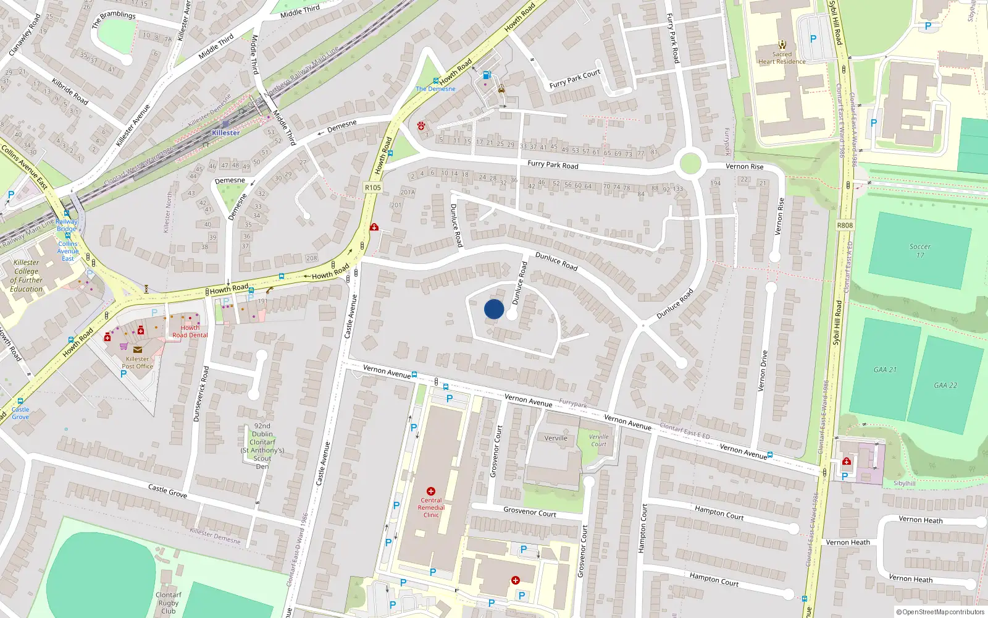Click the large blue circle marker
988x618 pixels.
coord(494,309)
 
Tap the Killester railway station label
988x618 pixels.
coord(225,133)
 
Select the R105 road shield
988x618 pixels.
coord(373,187)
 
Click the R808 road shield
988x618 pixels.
coord(845,226)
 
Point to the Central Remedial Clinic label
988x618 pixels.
coord(431,507)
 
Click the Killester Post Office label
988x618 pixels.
coord(137,362)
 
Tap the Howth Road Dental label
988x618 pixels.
coord(190,332)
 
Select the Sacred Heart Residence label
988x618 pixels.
coord(782,57)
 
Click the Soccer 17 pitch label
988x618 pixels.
coord(919,250)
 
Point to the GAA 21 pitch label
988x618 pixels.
coord(884,370)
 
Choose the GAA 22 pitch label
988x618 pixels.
coord(945,385)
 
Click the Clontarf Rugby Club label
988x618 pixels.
coord(168,603)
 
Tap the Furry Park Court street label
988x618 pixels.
coord(575,79)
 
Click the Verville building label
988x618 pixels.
coord(556,438)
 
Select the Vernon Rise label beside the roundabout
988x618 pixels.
coord(744,166)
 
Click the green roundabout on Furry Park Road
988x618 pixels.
coord(690,164)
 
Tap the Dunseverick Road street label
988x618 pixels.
coord(201,394)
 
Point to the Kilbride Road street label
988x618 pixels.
coord(70,91)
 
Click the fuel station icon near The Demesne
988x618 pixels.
coord(487,75)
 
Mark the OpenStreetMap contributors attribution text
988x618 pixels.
coord(940,612)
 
